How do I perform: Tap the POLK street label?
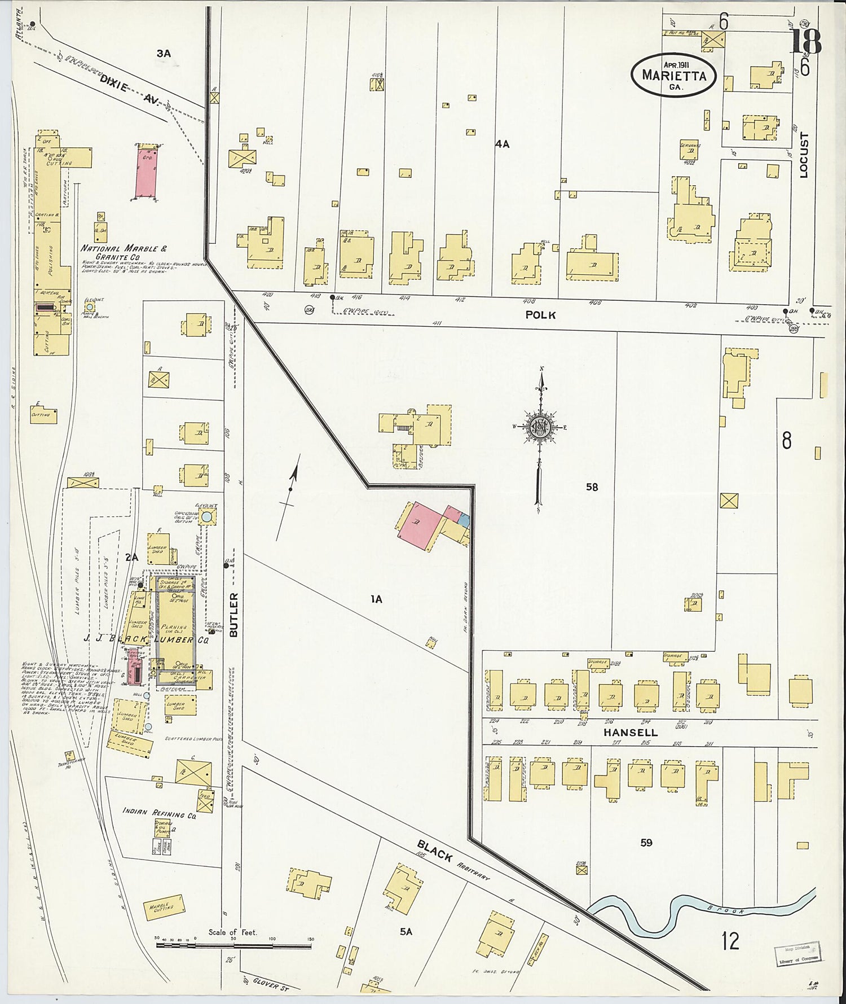tap(540, 315)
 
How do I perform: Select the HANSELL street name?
tap(631, 733)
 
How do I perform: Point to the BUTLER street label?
tap(235, 615)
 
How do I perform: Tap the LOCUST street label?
tap(804, 155)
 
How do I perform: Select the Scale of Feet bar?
tap(233, 939)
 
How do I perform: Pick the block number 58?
tap(592, 486)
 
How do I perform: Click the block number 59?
tap(646, 843)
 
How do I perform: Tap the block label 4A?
tap(502, 144)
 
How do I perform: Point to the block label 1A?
tap(376, 599)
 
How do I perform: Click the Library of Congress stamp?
tap(798, 954)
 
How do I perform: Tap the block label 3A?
tap(163, 54)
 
